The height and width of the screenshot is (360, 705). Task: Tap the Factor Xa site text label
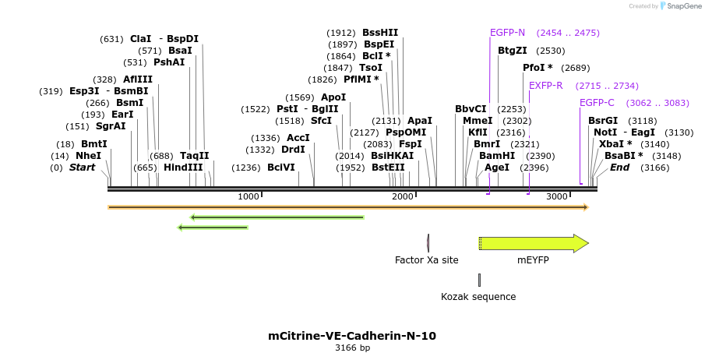pyautogui.click(x=426, y=260)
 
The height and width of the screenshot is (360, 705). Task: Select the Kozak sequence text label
pyautogui.click(x=478, y=297)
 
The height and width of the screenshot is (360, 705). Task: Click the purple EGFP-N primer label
pyautogui.click(x=507, y=33)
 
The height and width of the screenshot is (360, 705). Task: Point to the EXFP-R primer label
pyautogui.click(x=546, y=86)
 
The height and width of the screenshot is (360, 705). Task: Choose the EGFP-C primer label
pyautogui.click(x=597, y=103)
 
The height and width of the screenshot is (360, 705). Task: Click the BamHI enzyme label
pyautogui.click(x=497, y=156)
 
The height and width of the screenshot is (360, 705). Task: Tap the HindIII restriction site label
pyautogui.click(x=183, y=168)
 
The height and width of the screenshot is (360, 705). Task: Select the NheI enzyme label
pyautogui.click(x=88, y=156)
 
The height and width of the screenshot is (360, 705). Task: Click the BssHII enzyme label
pyautogui.click(x=380, y=33)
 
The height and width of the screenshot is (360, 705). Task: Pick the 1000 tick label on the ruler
pyautogui.click(x=248, y=196)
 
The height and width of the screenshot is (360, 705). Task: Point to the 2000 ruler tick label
pyautogui.click(x=402, y=196)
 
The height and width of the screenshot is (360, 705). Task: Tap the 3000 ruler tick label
pyautogui.click(x=556, y=196)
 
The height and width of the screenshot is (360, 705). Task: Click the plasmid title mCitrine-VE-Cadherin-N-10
pyautogui.click(x=352, y=337)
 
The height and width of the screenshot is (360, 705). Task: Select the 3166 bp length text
pyautogui.click(x=352, y=348)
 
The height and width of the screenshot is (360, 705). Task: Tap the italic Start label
pyautogui.click(x=82, y=168)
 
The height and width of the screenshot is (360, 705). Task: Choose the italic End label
pyautogui.click(x=619, y=168)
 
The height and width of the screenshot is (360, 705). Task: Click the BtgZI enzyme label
pyautogui.click(x=513, y=51)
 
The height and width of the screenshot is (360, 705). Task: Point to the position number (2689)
pyautogui.click(x=575, y=68)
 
